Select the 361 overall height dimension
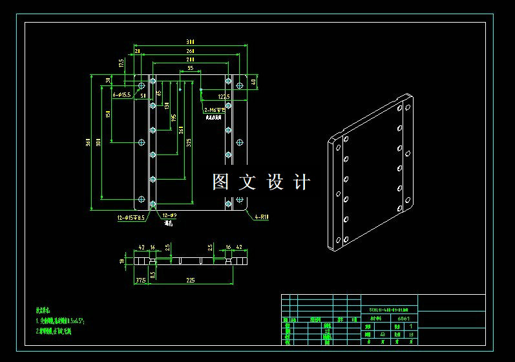click(x=89, y=143)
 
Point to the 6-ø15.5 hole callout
click(x=122, y=95)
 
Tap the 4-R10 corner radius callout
click(x=261, y=217)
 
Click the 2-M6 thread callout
click(x=213, y=111)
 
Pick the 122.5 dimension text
click(x=224, y=97)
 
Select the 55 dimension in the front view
click(x=190, y=68)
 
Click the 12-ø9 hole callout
click(x=170, y=215)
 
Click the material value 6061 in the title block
click(x=403, y=318)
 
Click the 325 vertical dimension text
click(x=189, y=144)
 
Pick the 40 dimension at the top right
click(x=262, y=82)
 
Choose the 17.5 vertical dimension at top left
click(x=121, y=63)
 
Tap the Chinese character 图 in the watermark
click(x=221, y=182)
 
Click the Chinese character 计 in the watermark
click(x=301, y=182)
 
